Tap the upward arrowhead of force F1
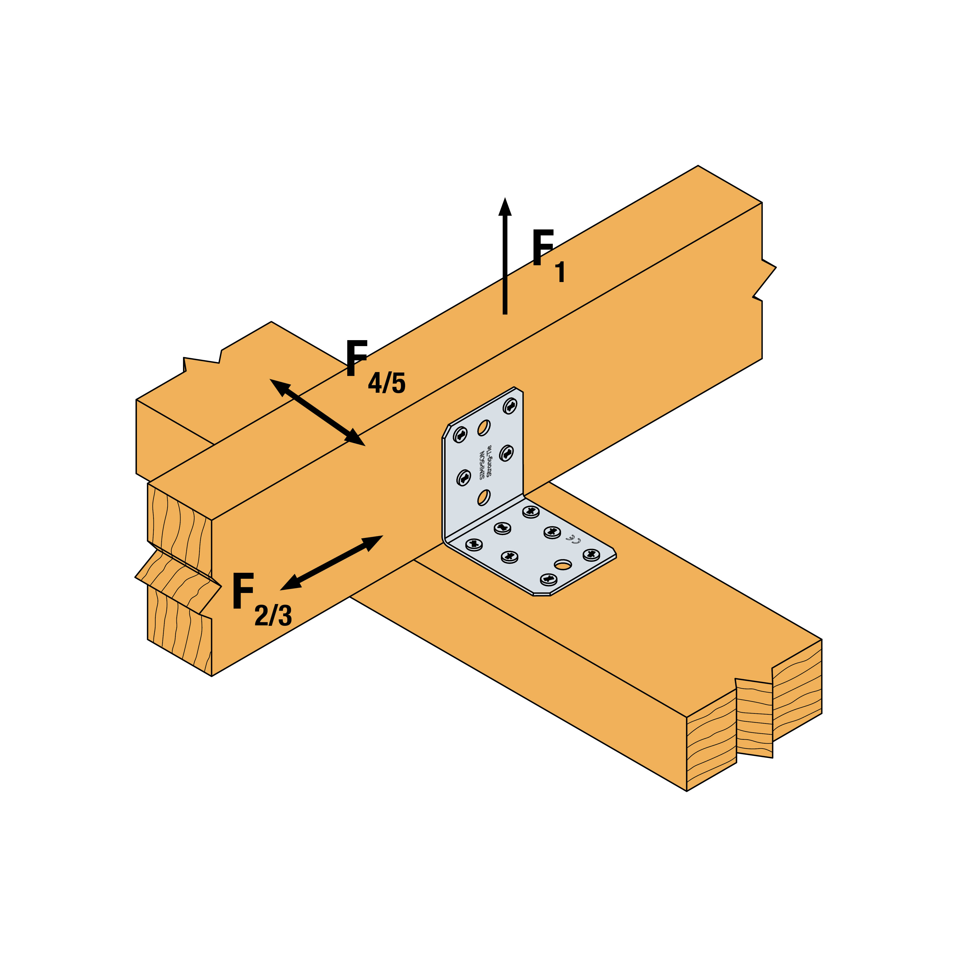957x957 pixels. (505, 207)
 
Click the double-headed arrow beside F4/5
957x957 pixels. (317, 412)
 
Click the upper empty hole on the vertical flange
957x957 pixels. (484, 427)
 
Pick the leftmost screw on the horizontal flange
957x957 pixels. (474, 544)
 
